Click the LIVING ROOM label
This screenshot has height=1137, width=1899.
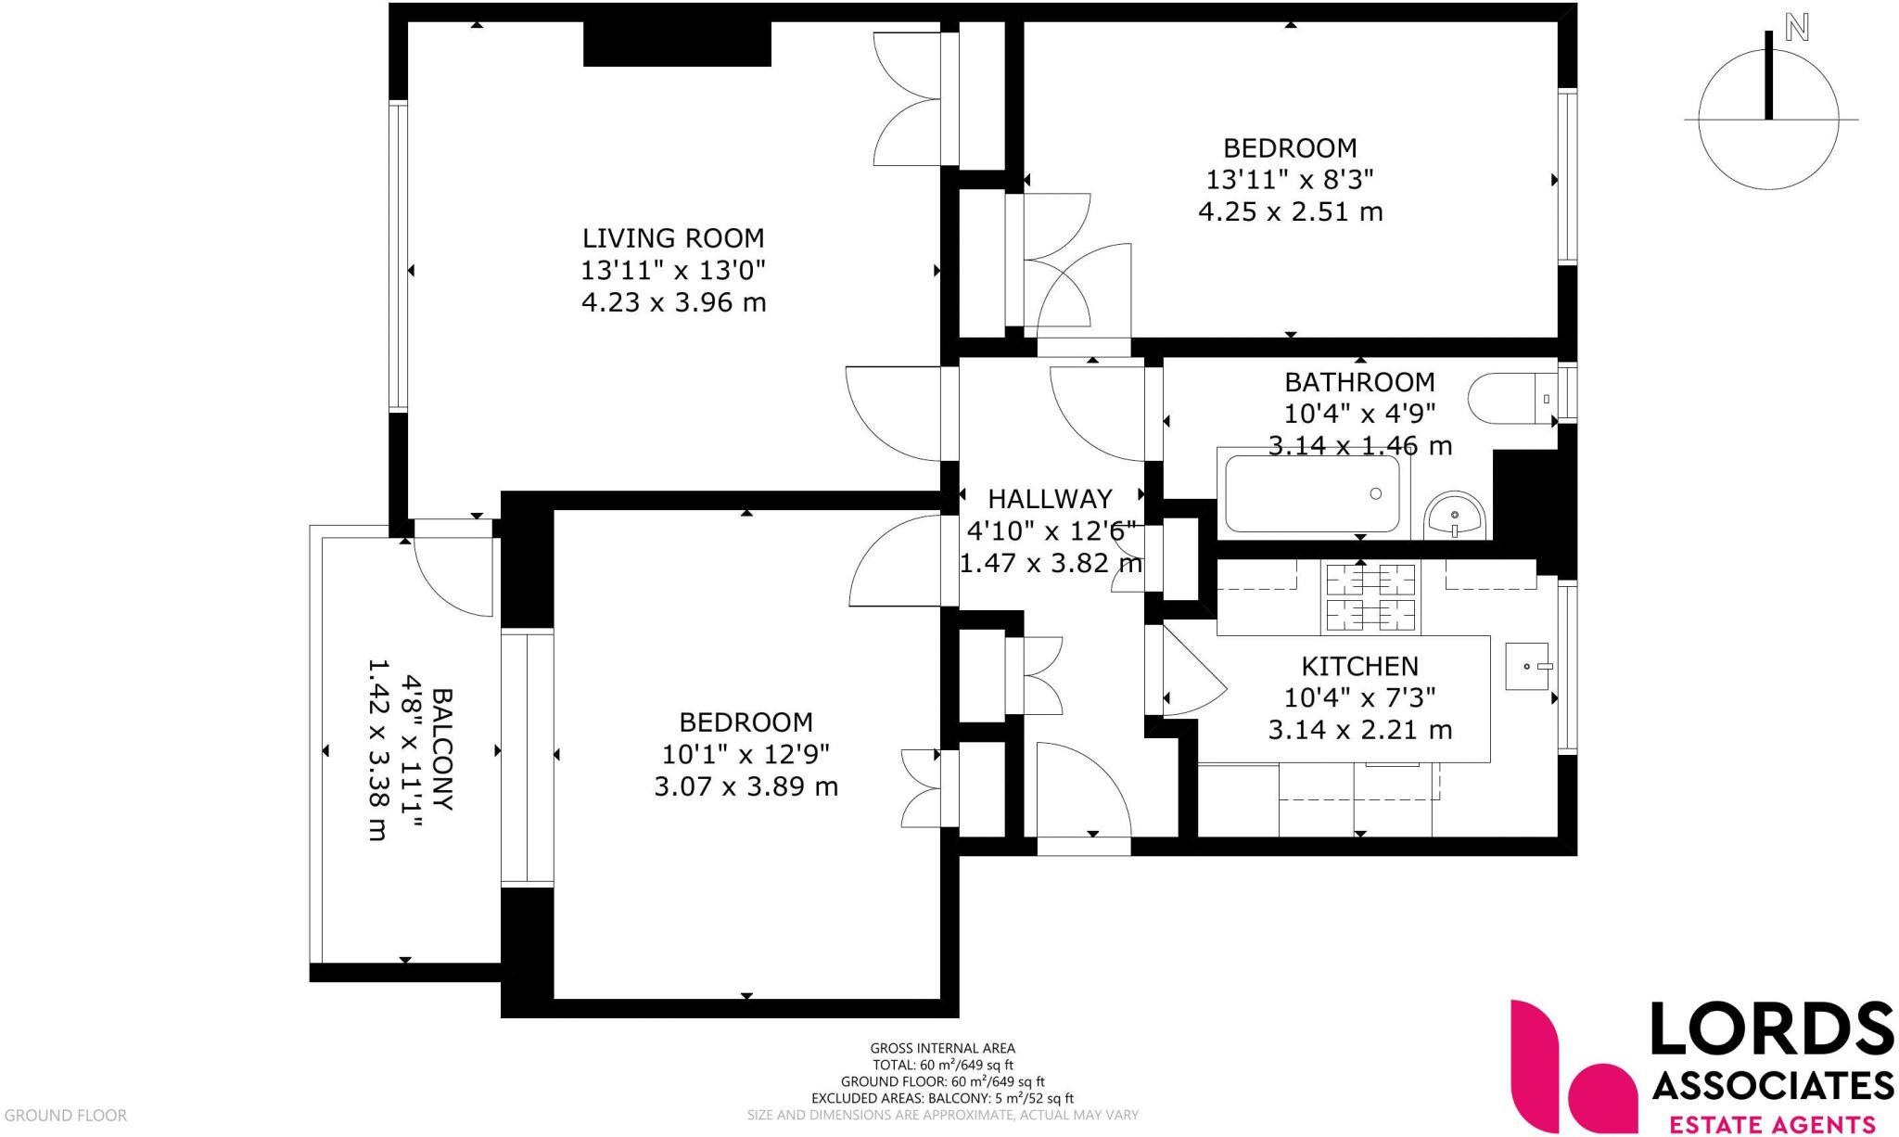point(673,238)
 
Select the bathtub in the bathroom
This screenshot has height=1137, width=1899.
point(1312,493)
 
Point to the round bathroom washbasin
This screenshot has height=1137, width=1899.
point(1455,516)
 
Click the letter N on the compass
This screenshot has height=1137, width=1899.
point(1797,29)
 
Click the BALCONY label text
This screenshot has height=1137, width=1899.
point(443,749)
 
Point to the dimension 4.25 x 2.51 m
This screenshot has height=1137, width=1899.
point(1290,212)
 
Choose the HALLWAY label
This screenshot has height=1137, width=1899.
point(1049,499)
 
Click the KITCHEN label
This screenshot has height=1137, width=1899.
point(1359,666)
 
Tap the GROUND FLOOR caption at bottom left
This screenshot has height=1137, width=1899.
point(65,1116)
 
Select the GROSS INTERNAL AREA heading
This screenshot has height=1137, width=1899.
point(942,1049)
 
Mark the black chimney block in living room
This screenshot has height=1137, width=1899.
point(677,44)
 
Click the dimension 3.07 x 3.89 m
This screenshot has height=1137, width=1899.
point(746,787)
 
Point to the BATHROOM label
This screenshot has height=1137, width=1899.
point(1358,382)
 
